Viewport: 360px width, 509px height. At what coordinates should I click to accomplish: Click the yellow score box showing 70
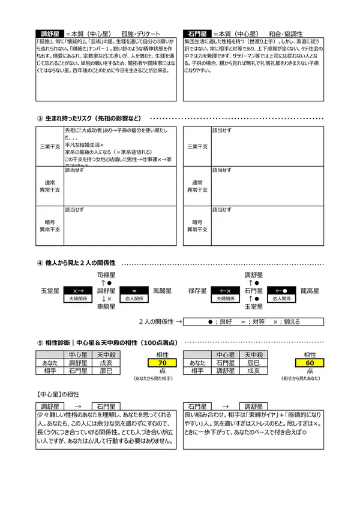162,363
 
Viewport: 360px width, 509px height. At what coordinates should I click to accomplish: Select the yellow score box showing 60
310,363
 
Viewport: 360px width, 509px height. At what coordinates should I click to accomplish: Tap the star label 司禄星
106,274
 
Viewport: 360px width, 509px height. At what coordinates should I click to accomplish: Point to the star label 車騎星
106,306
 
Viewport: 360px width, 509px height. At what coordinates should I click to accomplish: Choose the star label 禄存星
197,290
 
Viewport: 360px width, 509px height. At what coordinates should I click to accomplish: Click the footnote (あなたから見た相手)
154,379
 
